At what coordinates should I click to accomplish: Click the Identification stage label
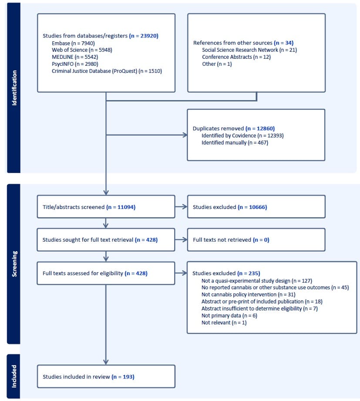(x=14, y=88)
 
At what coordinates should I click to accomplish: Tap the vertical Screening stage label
(x=14, y=264)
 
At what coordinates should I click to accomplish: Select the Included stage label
(x=14, y=376)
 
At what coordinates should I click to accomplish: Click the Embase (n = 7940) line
(x=73, y=43)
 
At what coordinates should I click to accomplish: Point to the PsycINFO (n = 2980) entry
(x=75, y=64)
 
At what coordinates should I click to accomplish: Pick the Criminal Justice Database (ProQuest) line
(x=107, y=71)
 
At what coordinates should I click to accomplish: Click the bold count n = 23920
(x=144, y=36)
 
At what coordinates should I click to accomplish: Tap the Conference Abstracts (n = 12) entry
(x=236, y=57)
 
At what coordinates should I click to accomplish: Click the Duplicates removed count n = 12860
(x=260, y=128)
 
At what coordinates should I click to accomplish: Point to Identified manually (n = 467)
(x=235, y=142)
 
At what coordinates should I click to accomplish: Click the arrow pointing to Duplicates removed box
(x=147, y=135)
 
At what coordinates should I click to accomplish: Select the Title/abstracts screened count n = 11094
(x=121, y=207)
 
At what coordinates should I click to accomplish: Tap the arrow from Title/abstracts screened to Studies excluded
(x=181, y=207)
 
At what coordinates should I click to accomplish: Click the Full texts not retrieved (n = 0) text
(x=231, y=239)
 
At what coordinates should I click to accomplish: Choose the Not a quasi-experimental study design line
(x=257, y=281)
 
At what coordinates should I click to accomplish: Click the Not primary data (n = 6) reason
(x=229, y=316)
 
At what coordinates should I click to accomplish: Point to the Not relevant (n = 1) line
(x=224, y=323)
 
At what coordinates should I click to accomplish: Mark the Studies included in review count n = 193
(x=123, y=377)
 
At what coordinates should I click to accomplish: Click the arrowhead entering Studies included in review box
(x=106, y=362)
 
